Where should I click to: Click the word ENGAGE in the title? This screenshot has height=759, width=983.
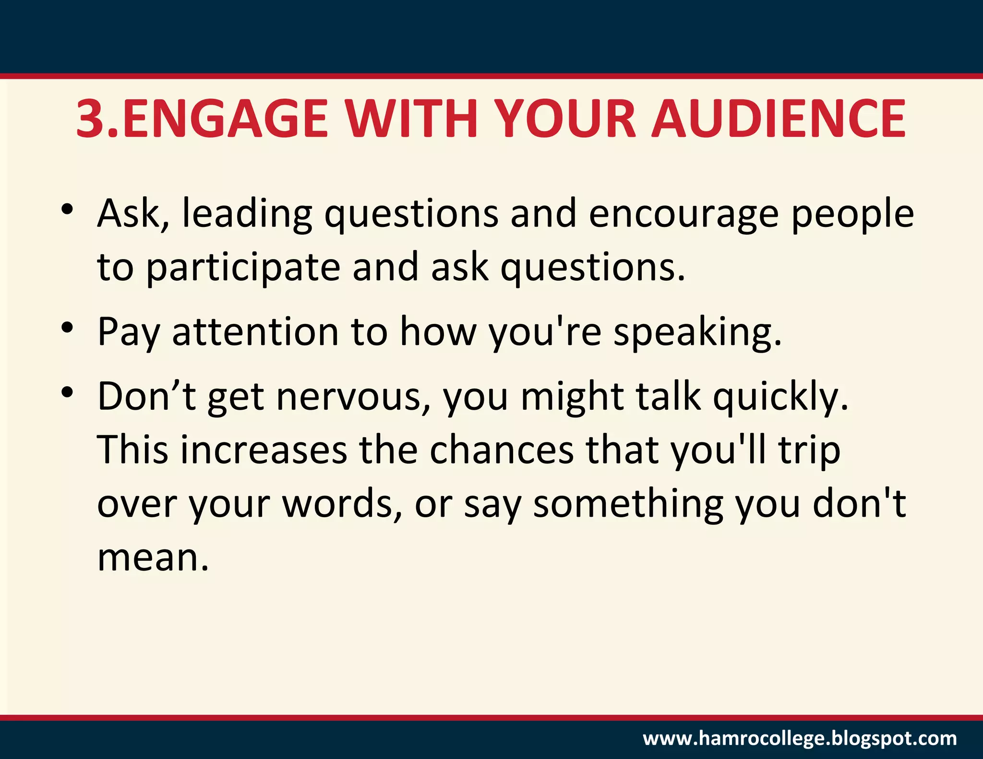(x=226, y=118)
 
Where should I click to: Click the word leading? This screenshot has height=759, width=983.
(x=247, y=214)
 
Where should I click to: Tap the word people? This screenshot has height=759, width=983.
(x=852, y=214)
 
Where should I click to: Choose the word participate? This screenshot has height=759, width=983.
(x=243, y=268)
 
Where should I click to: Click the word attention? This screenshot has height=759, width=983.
(x=255, y=332)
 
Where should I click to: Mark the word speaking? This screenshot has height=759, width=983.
(x=697, y=332)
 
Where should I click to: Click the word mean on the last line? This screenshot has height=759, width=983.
(x=153, y=557)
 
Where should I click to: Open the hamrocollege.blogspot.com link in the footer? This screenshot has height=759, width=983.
(x=800, y=738)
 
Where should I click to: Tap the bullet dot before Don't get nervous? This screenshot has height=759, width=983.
(x=67, y=392)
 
